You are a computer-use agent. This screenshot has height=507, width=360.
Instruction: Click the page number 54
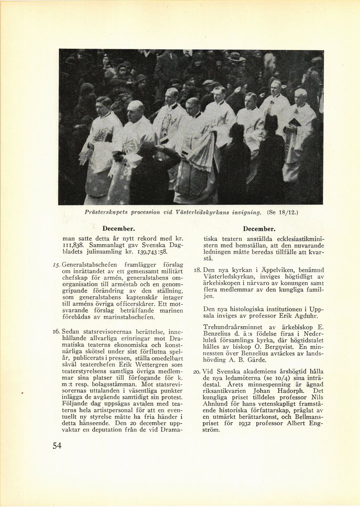coord(56,446)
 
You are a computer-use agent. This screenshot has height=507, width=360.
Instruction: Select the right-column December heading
coord(259,229)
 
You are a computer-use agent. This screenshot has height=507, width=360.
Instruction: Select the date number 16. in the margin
coord(56,332)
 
